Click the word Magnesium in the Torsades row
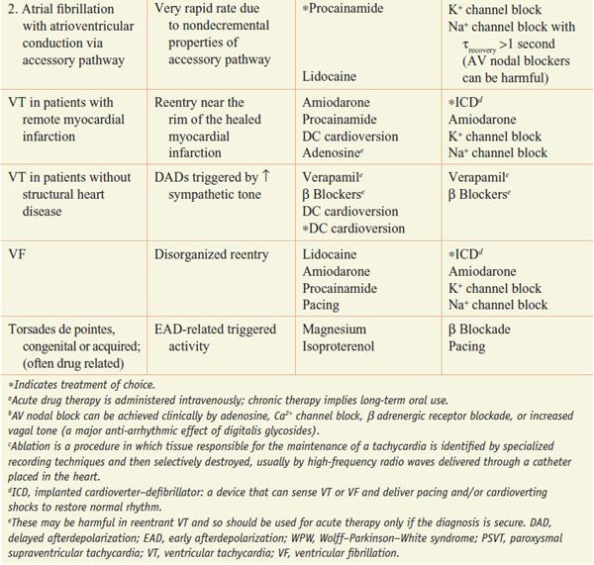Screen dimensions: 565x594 tap(335, 330)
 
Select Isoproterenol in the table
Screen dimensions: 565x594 tap(341, 347)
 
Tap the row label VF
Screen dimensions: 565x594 tap(19, 254)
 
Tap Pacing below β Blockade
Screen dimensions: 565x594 tap(466, 347)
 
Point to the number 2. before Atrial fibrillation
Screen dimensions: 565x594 tap(12, 9)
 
